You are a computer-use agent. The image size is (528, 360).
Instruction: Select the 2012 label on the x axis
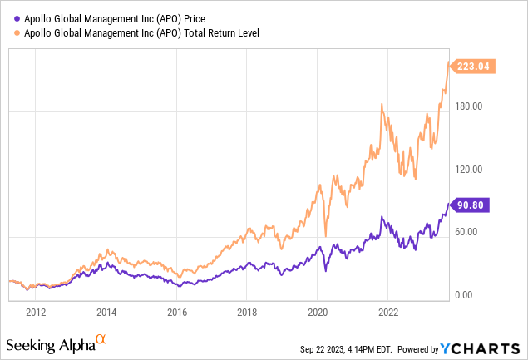point(35,313)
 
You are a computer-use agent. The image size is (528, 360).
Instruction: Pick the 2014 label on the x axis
point(106,313)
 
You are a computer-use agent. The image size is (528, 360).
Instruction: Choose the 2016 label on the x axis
point(177,313)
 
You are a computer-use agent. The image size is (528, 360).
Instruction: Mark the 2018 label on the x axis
point(248,313)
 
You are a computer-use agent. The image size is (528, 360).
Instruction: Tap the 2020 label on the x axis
point(318,313)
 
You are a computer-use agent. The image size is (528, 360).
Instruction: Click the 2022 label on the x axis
point(389,313)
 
